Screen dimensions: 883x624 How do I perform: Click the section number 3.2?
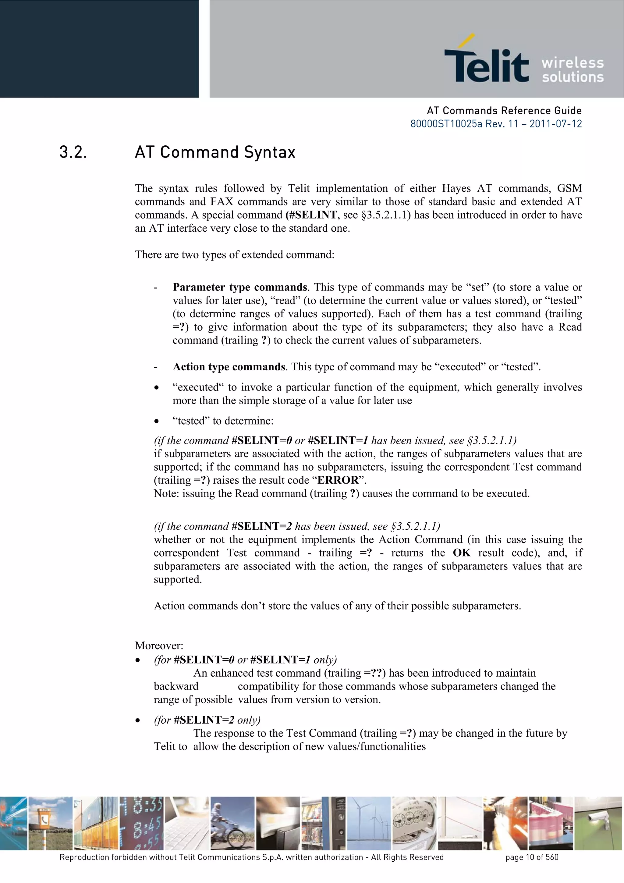coord(73,152)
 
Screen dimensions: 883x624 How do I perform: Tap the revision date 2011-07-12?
coord(555,124)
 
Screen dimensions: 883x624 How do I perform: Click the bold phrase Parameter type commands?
coord(239,287)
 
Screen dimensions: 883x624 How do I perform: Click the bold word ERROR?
coord(338,480)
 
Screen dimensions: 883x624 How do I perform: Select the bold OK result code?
coord(461,553)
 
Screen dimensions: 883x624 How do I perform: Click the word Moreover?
coord(159,646)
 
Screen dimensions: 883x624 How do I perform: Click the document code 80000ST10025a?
coord(446,124)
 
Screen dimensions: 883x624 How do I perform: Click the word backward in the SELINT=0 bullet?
coord(176,686)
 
